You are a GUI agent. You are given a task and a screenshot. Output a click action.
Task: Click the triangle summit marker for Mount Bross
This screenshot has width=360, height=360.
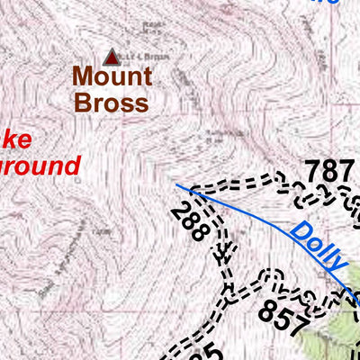[x=112, y=58]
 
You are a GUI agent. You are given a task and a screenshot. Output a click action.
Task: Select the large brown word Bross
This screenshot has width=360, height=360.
[x=112, y=103]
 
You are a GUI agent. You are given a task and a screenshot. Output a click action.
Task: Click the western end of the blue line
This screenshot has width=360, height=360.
[x=177, y=186]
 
